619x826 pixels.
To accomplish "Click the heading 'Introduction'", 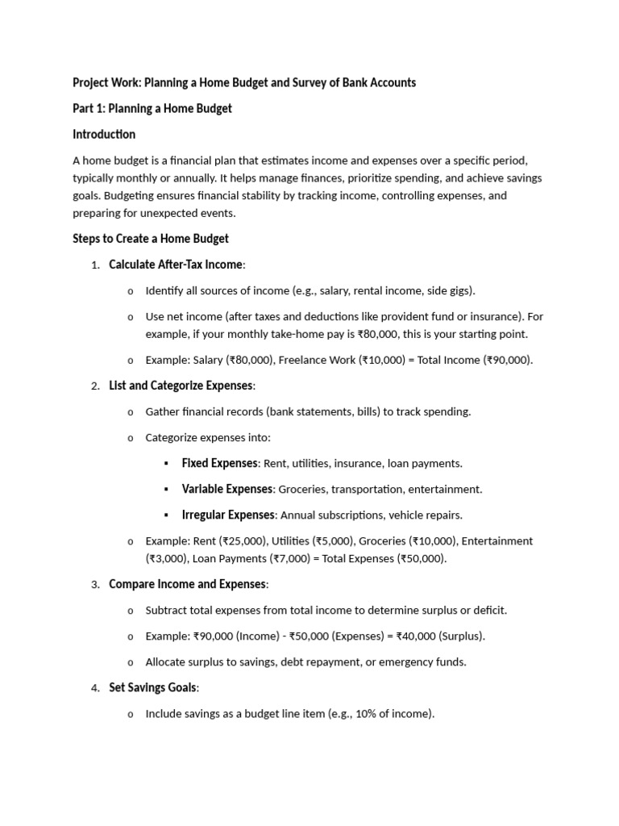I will point(104,135).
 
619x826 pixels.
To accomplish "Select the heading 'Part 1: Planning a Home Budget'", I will point(152,109).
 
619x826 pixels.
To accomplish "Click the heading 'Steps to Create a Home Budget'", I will point(151,239).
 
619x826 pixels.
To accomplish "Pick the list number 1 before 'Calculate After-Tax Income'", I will point(94,265).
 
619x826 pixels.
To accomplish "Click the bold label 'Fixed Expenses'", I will point(219,464).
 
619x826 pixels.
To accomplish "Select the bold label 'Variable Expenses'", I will point(227,490).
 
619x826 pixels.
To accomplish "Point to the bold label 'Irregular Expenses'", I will point(229,515).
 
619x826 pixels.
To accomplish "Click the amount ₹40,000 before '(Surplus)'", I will point(417,636).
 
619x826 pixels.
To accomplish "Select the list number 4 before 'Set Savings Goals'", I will point(94,688).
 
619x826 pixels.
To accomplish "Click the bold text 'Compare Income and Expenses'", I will point(187,585).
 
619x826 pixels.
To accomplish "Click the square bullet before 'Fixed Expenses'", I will point(166,464).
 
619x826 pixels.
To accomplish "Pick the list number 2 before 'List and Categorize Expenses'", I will point(94,386).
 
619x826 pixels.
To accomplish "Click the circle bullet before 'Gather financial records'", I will point(131,412).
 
